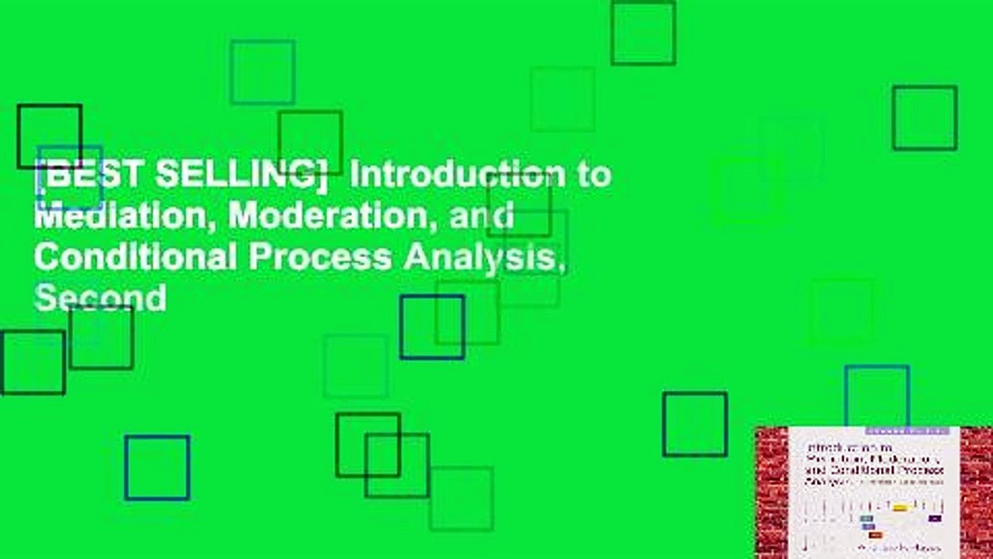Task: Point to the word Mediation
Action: (x=123, y=217)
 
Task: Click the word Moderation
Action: (x=336, y=217)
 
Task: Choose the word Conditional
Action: (x=134, y=257)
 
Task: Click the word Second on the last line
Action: (x=100, y=297)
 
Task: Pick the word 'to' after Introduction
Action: (x=592, y=176)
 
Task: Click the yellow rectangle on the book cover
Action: (x=900, y=508)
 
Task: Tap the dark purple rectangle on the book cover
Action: (x=935, y=518)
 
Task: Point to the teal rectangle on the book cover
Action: (x=867, y=518)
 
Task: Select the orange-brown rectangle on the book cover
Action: (x=875, y=535)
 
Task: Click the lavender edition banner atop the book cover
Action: (x=907, y=430)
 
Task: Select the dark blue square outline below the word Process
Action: (x=432, y=327)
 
